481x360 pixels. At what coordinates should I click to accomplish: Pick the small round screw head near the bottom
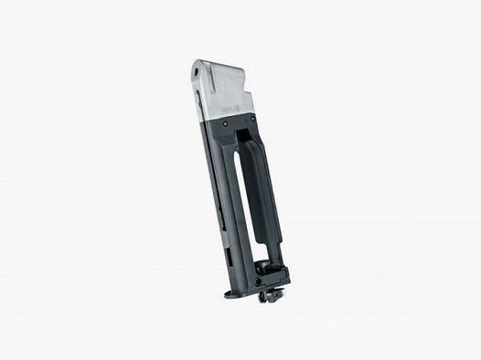(x=262, y=282)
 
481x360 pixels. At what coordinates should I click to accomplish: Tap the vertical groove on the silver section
(x=211, y=91)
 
